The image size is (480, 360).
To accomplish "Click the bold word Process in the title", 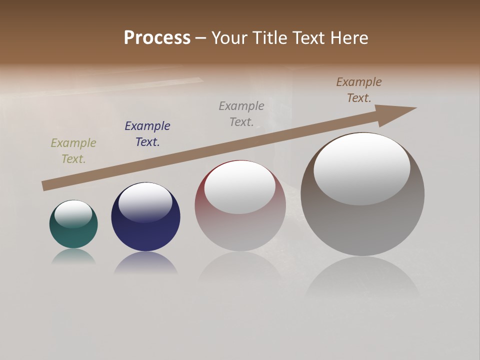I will (157, 38).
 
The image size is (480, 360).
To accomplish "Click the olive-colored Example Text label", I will (73, 151).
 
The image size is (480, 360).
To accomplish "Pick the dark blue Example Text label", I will (147, 134).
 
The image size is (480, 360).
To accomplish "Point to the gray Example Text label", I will (241, 114).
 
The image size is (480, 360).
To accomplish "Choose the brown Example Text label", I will (359, 90).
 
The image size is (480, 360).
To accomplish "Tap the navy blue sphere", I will (145, 230).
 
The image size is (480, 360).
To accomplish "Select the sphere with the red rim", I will (240, 225).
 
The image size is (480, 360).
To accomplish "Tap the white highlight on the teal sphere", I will (73, 213).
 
